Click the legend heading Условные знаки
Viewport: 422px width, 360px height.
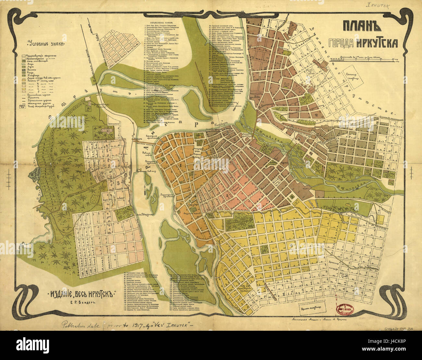pos(46,43)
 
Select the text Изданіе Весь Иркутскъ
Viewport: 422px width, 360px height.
pos(81,295)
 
